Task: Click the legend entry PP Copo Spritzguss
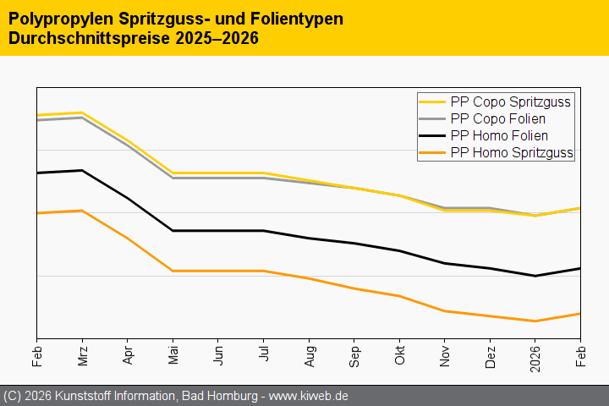(x=511, y=101)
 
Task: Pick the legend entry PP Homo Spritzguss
(x=513, y=152)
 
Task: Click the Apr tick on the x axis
(x=128, y=354)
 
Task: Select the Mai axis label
(x=173, y=354)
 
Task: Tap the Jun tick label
(x=218, y=354)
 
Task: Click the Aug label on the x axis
(x=309, y=354)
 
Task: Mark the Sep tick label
(x=354, y=354)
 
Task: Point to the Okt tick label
(x=399, y=354)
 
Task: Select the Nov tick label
(x=444, y=354)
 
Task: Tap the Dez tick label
(x=490, y=354)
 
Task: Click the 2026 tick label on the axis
(x=535, y=356)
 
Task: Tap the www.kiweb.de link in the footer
(x=309, y=396)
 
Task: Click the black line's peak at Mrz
(x=82, y=170)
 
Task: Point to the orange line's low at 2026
(x=535, y=321)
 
